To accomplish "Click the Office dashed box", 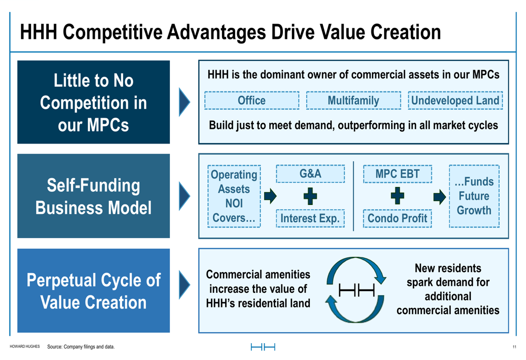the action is [251, 100].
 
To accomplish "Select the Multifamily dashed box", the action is [353, 100].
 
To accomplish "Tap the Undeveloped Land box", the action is [455, 100].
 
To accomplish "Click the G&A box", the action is [310, 173].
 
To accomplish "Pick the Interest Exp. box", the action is [310, 218].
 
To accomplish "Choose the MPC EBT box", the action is [398, 173].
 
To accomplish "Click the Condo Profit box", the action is [398, 218].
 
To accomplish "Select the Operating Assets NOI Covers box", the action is [234, 196].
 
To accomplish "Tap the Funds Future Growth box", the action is [474, 196].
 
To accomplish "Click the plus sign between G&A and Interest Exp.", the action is [310, 196].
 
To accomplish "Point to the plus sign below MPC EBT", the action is [398, 196].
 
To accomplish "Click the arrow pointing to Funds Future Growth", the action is [439, 197].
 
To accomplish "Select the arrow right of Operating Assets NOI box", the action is [270, 196].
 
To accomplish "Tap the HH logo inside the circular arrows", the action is [357, 290].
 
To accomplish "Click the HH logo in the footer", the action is [263, 347].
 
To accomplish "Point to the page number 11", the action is [514, 347].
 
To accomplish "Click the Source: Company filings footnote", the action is [81, 346].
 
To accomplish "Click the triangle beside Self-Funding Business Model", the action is [185, 196].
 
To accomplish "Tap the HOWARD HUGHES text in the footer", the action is [25, 346].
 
